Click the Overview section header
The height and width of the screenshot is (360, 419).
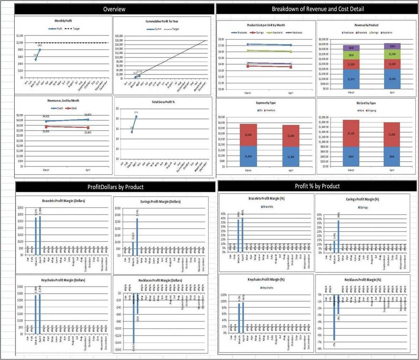[114, 9]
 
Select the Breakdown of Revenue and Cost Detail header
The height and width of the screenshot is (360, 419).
[318, 9]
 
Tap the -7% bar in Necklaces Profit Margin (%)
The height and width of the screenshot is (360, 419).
[334, 317]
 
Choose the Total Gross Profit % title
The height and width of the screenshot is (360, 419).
[162, 102]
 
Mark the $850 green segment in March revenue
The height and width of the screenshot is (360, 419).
[351, 55]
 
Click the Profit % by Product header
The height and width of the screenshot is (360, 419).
[317, 186]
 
